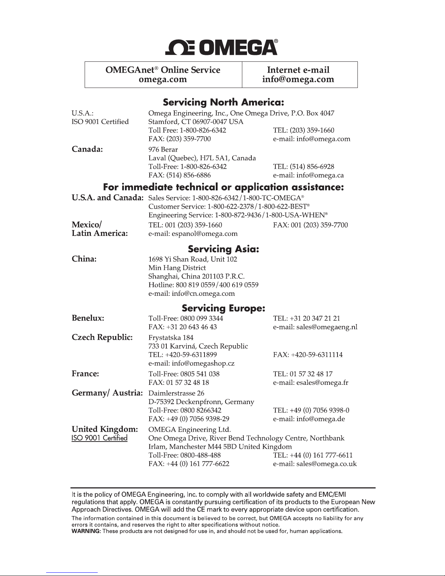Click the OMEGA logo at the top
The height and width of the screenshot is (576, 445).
222,47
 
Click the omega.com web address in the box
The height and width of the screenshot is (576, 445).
163,79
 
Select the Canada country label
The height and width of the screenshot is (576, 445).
87,149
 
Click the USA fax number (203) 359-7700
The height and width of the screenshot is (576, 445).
189,139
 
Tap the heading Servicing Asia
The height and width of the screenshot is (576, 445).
223,249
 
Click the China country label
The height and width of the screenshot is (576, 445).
84,259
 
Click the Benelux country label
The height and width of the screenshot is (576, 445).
88,318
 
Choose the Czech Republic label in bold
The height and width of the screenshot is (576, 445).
102,337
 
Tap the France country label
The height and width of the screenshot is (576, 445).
85,374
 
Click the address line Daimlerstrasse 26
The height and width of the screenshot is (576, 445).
177,393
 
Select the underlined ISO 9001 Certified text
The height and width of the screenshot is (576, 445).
99,438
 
